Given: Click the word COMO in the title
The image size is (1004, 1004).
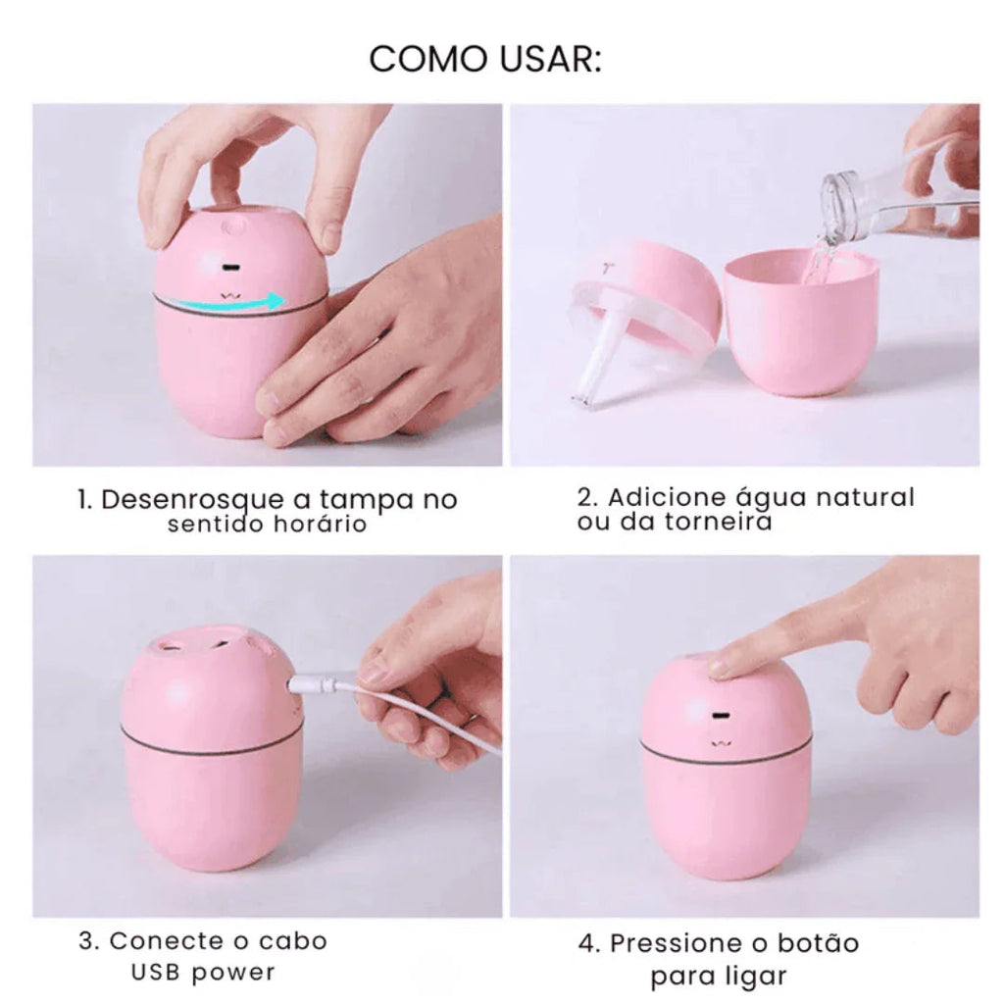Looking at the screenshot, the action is point(427,60).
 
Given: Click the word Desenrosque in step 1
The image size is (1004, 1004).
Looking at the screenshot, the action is point(192,501).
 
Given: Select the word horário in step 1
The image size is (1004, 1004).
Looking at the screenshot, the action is point(321,525).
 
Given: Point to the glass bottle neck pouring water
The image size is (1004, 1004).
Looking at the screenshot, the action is point(845,204).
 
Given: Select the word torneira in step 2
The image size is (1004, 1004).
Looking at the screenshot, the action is point(718,522).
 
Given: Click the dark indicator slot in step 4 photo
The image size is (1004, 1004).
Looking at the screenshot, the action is point(723,716).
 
